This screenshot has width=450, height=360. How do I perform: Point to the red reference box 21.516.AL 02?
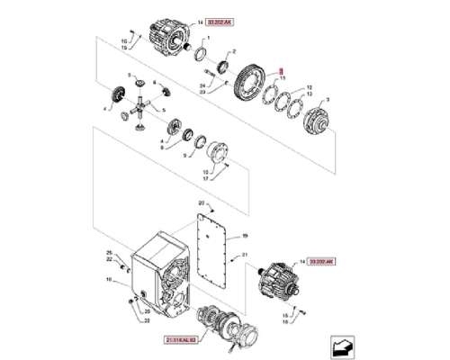coord(185,340)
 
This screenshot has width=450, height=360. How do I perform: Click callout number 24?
coord(203,85)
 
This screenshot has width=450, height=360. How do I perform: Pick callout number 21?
coord(244,256)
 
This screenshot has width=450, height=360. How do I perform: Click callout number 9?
coord(186,154)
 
